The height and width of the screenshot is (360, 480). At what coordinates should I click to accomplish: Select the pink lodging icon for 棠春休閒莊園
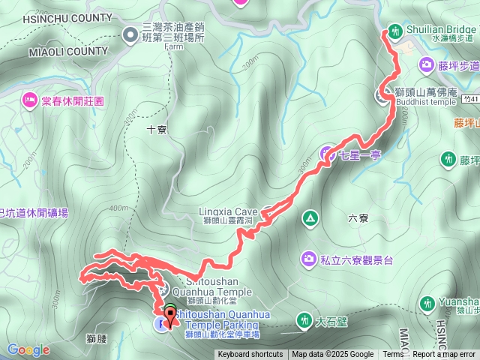[30, 98]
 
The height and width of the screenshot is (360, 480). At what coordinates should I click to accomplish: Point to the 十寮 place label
[157, 129]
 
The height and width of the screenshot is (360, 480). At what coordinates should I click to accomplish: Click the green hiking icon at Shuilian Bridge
[394, 32]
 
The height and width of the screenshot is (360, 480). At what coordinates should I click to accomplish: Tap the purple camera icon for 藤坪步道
[427, 65]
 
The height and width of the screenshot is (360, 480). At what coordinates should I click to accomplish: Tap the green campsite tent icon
[309, 218]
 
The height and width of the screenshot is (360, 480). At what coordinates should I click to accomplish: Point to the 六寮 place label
[358, 217]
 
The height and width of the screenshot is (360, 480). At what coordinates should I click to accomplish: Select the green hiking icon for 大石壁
[304, 320]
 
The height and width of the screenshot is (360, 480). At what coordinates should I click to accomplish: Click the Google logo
[28, 349]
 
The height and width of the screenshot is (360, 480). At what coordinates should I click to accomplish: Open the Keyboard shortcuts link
[250, 355]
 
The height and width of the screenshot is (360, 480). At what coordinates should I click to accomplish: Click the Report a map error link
[445, 355]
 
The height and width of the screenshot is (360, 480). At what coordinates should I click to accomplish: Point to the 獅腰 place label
[97, 339]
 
